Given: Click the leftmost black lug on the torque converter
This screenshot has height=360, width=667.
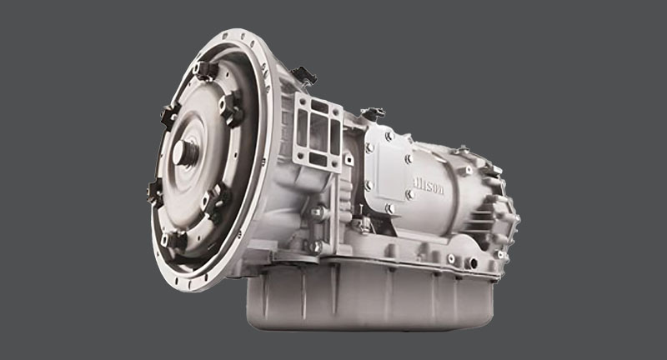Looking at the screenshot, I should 156,192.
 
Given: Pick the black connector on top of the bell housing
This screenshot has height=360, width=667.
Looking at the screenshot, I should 304,76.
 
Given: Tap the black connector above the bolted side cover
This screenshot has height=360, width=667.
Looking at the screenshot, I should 374,112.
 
